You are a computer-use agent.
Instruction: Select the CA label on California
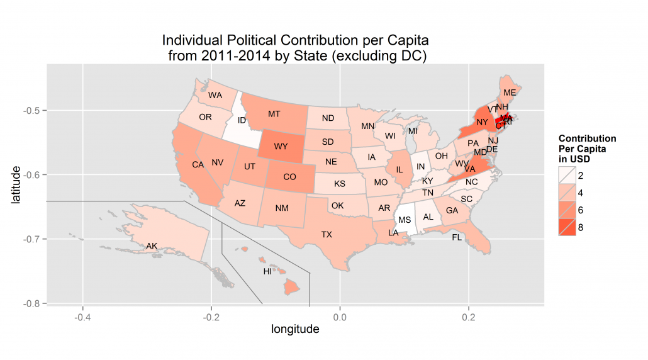click(x=198, y=165)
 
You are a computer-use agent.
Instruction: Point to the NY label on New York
click(x=483, y=122)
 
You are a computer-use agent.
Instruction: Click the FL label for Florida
click(x=457, y=238)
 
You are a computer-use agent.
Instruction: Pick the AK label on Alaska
click(x=152, y=246)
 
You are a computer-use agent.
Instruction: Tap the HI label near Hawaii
click(x=267, y=272)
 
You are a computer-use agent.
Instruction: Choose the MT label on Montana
click(x=274, y=114)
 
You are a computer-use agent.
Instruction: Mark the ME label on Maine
click(x=510, y=93)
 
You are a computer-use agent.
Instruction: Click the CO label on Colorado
click(x=289, y=177)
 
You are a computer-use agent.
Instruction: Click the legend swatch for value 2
click(x=566, y=174)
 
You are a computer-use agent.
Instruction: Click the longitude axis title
click(x=295, y=329)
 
